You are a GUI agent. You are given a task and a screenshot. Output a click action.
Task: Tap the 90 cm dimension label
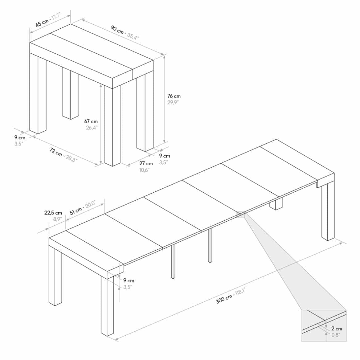(117, 30)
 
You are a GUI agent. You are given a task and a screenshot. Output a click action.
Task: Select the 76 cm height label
(174, 96)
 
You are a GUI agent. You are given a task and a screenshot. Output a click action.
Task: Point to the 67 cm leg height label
(91, 121)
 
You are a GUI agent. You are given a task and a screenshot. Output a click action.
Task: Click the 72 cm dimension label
(56, 152)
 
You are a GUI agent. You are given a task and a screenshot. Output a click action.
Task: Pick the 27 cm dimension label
(146, 163)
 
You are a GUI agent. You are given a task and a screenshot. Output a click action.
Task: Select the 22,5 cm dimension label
(53, 213)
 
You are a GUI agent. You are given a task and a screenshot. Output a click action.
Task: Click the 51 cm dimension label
(76, 211)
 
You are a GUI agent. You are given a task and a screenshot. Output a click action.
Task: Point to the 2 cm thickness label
(337, 329)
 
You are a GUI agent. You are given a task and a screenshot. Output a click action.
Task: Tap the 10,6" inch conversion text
(144, 170)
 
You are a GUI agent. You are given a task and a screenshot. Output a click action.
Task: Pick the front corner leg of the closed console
(112, 125)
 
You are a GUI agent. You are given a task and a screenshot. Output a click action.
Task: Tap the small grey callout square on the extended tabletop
(240, 215)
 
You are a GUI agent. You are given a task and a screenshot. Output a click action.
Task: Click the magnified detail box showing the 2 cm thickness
(324, 326)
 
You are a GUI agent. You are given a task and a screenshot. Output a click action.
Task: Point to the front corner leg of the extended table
(107, 305)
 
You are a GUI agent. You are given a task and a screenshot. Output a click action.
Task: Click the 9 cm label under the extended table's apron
(129, 280)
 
